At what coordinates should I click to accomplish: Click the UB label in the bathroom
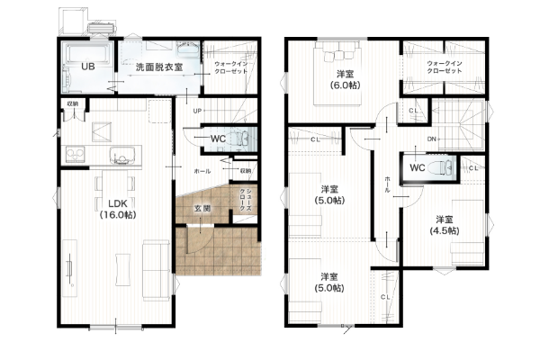tap(88, 67)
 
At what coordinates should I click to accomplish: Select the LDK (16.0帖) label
tap(116, 209)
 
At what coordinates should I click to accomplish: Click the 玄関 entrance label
tap(202, 209)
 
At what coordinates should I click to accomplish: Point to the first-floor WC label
tap(219, 138)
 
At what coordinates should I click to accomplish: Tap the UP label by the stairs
tap(196, 111)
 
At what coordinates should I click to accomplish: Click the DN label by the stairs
tap(432, 139)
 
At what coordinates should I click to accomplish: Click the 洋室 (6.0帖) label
tap(344, 79)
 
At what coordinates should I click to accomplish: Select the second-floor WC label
tap(417, 167)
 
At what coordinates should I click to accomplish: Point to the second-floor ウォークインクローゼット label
tap(445, 66)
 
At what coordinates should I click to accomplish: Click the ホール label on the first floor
tap(202, 170)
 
